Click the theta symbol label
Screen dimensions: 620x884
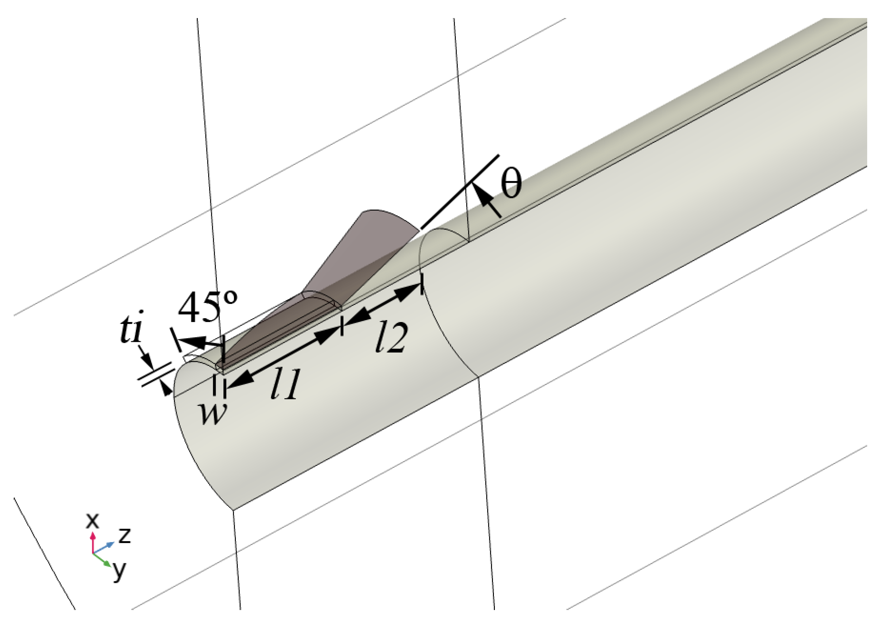[511, 184]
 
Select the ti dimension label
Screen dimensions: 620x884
[130, 331]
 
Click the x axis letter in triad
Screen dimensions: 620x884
[92, 521]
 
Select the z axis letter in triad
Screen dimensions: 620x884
[124, 535]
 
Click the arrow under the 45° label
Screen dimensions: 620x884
[200, 341]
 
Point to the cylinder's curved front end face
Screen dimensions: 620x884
[200, 443]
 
